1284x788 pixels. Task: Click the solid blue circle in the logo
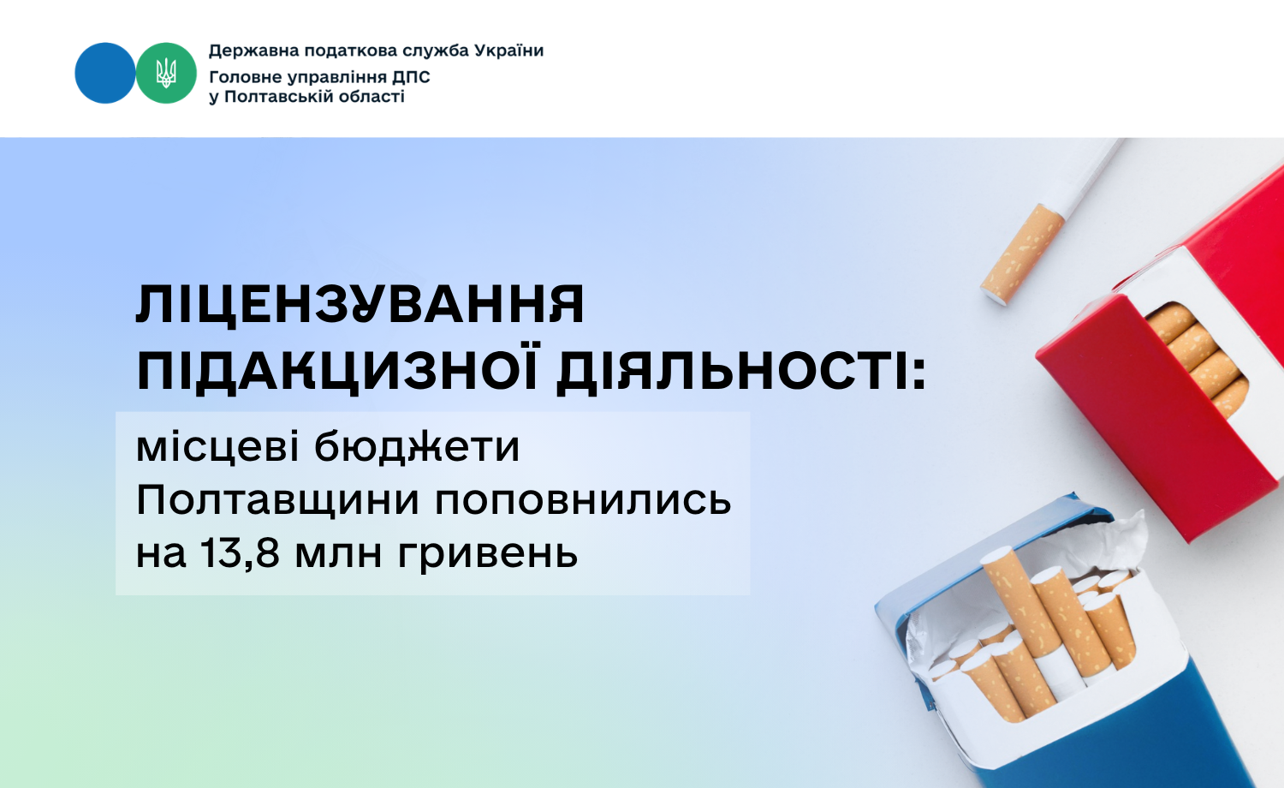[x=105, y=73]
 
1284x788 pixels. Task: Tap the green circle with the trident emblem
[x=166, y=73]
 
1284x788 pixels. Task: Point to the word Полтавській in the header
[x=279, y=97]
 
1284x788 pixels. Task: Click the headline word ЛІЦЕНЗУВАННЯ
[x=360, y=304]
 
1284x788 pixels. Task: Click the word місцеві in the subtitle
[x=217, y=447]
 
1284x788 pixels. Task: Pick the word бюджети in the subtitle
[x=417, y=449]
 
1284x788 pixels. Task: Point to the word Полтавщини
[x=277, y=501]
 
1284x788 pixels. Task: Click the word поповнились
[x=583, y=501]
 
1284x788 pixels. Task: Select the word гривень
[x=487, y=555]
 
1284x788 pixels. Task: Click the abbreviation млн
[x=338, y=555]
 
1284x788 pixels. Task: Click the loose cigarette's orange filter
[x=1022, y=254]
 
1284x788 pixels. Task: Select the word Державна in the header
[x=254, y=51]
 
